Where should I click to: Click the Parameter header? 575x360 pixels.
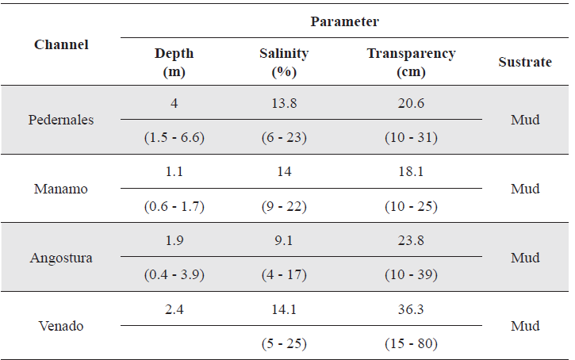[x=344, y=21]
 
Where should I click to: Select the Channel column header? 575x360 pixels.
[x=61, y=44]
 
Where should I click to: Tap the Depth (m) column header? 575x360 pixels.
[x=174, y=62]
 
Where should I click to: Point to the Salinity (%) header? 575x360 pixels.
[x=284, y=62]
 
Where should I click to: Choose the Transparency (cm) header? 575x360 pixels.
[x=411, y=62]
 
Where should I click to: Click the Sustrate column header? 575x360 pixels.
[x=525, y=62]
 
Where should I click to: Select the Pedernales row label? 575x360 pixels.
[x=61, y=120]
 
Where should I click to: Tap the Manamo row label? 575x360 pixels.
[x=61, y=189]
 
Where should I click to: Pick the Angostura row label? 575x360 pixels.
[x=61, y=258]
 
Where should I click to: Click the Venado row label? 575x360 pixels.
[x=61, y=326]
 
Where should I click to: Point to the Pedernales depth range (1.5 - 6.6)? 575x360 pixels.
[x=174, y=137]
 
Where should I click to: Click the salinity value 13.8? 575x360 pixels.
[x=284, y=103]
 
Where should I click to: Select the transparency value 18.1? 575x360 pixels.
[x=411, y=172]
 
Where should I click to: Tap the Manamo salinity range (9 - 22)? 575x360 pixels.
[x=284, y=206]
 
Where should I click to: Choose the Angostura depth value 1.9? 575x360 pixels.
[x=174, y=241]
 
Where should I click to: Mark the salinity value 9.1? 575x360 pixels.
[x=284, y=241]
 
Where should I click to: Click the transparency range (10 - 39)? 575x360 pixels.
[x=411, y=275]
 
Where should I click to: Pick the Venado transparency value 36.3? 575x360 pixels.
[x=411, y=310]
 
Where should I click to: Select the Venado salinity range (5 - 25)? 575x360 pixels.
[x=284, y=344]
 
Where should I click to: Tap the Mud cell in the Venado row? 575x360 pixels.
[x=525, y=326]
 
